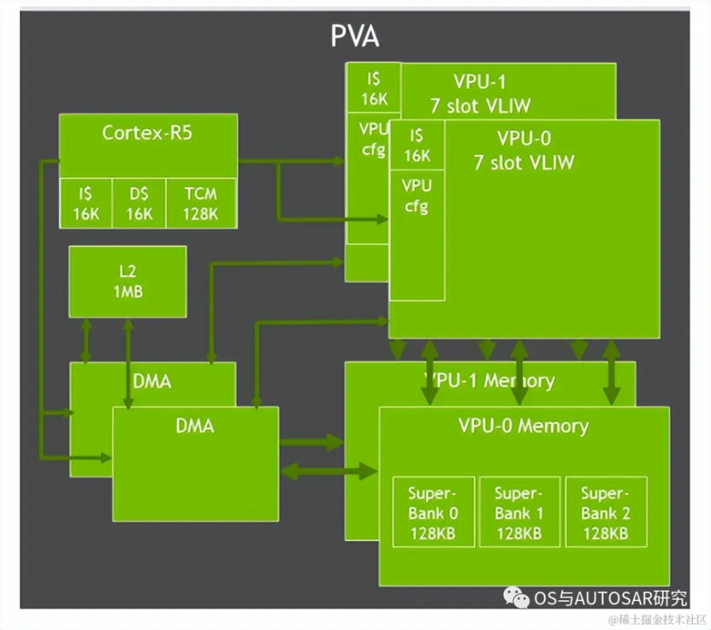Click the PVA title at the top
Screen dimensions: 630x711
(355, 36)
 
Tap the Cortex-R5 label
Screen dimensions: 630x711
(148, 133)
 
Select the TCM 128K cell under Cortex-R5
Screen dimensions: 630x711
(201, 204)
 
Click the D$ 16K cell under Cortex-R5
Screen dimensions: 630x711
(138, 204)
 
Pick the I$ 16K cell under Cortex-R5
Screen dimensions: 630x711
(86, 204)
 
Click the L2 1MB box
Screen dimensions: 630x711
(127, 282)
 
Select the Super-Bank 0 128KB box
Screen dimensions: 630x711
(433, 512)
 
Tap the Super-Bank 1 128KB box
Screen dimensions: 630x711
(519, 512)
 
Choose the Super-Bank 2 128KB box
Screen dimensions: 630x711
(605, 512)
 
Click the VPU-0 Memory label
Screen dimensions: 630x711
(523, 425)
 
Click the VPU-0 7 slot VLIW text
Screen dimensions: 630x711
(524, 150)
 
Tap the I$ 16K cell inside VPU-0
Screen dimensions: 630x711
(417, 145)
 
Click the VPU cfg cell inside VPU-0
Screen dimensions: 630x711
(416, 196)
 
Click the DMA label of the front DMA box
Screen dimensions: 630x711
(196, 425)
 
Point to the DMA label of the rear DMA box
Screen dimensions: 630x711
(152, 382)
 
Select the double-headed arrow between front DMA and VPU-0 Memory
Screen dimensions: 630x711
(329, 470)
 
